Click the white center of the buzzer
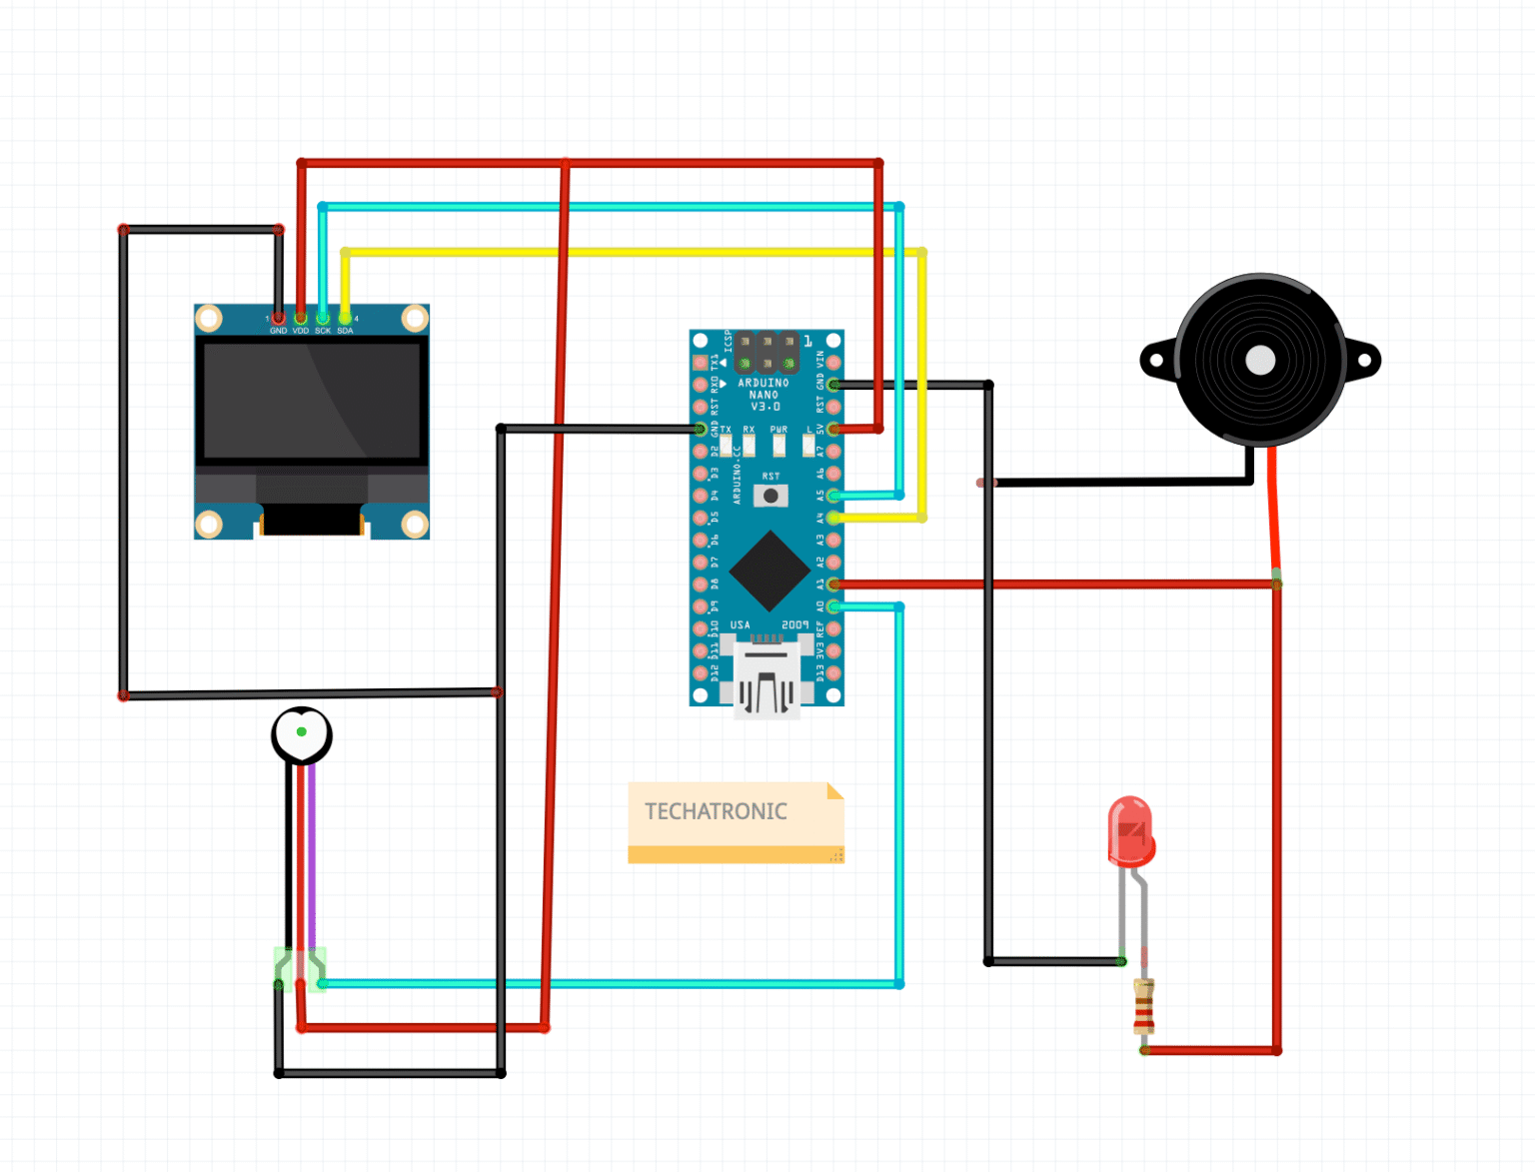1260,361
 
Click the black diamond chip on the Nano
768,571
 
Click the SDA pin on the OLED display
345,319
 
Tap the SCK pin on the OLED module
323,319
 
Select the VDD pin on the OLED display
301,319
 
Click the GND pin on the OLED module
279,319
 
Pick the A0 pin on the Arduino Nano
833,606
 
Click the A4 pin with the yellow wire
833,518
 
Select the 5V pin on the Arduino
833,429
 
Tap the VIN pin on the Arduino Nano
833,363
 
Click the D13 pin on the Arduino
833,673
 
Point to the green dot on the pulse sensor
301,731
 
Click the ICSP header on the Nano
767,353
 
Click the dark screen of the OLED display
312,400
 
